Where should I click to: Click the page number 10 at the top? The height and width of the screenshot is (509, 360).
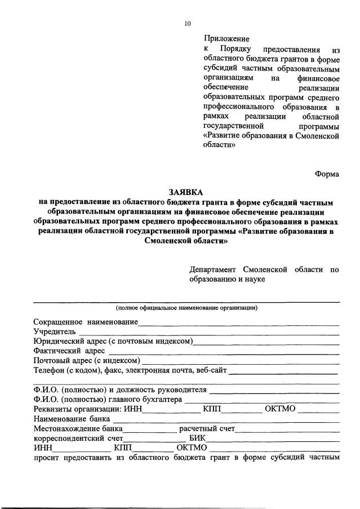point(188,24)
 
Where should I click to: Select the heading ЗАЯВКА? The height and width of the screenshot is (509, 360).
point(186,192)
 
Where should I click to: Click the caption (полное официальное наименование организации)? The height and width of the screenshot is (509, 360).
point(186,308)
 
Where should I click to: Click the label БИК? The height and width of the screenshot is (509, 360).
point(198,438)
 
